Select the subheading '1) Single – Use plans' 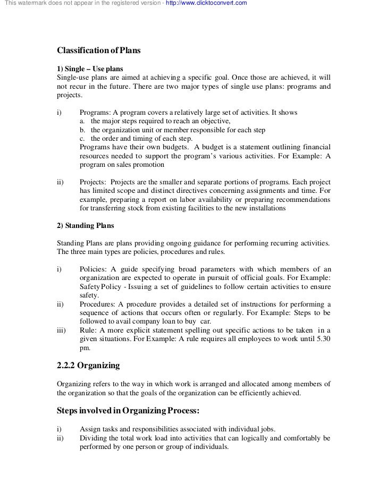(89, 69)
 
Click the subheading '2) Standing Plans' (85, 225)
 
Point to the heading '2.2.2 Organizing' (88, 366)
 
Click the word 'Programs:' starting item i (95, 113)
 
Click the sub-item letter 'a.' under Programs (82, 122)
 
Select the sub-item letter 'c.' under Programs (82, 139)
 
